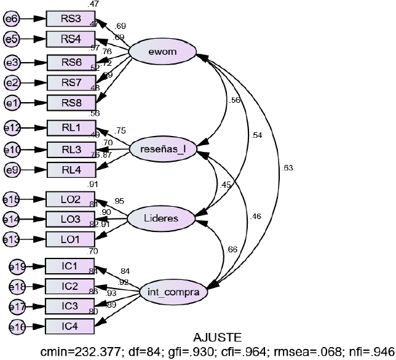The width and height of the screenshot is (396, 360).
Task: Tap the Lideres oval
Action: point(161,218)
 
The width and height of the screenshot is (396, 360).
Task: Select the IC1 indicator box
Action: point(71,266)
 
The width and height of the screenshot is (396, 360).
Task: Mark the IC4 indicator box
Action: point(71,327)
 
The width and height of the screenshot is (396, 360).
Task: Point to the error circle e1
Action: point(11,103)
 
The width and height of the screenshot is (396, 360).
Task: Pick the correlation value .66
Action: point(232,249)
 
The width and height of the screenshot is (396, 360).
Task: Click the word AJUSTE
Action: point(217,337)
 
